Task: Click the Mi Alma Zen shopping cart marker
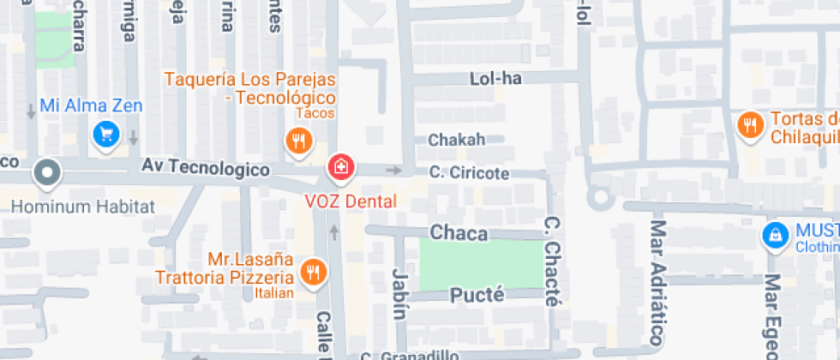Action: (x=105, y=135)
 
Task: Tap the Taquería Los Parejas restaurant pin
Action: (x=298, y=141)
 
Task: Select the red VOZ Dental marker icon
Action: (x=341, y=167)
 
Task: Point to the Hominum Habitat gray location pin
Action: (x=46, y=173)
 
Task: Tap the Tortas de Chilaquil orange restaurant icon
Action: (x=750, y=126)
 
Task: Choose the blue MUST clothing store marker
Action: (x=775, y=236)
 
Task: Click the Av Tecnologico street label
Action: (x=205, y=170)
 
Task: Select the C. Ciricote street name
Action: (x=469, y=173)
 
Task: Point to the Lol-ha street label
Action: (x=495, y=79)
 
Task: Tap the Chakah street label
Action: (x=456, y=139)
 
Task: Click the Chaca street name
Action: (x=459, y=233)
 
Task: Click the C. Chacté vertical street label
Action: (x=552, y=261)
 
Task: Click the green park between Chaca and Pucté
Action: (x=479, y=263)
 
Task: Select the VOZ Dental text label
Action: (x=351, y=202)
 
